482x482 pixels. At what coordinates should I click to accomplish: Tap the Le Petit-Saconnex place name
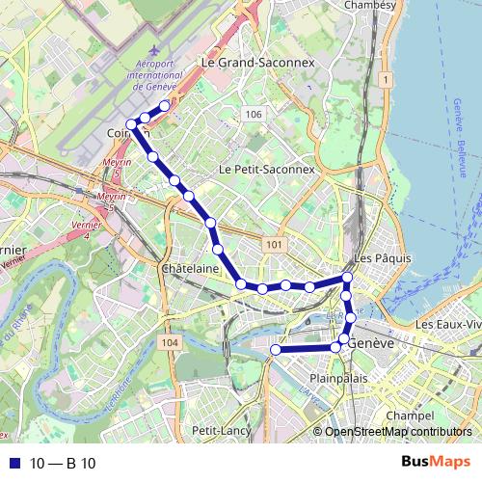(267, 169)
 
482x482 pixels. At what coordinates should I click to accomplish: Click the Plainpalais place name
(340, 379)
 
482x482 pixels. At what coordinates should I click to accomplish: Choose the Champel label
(405, 415)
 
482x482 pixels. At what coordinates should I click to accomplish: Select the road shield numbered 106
(254, 115)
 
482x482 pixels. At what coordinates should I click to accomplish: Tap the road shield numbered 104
(171, 342)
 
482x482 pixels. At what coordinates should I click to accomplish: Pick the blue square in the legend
(13, 464)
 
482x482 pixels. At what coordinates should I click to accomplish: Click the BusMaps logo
(437, 463)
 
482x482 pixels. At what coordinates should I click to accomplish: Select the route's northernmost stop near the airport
(165, 106)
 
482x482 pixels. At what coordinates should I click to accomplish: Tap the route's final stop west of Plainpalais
(275, 351)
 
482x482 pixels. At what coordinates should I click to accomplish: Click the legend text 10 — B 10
(63, 464)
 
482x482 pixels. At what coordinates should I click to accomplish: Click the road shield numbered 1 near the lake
(384, 78)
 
